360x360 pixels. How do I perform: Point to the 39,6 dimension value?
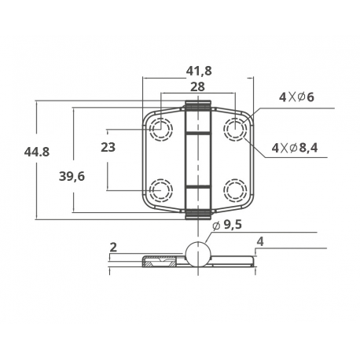[72, 176]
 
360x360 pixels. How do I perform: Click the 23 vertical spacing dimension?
[108, 147]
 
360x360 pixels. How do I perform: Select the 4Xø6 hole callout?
[296, 97]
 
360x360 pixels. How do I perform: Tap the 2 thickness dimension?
[113, 248]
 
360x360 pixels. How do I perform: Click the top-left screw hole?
[162, 128]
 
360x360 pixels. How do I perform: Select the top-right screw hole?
[234, 128]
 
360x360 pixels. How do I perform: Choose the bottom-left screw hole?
[162, 189]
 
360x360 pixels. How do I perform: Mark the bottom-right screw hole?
[234, 189]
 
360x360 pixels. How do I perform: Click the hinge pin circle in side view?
[198, 255]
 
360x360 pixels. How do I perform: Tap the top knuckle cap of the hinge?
[198, 106]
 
